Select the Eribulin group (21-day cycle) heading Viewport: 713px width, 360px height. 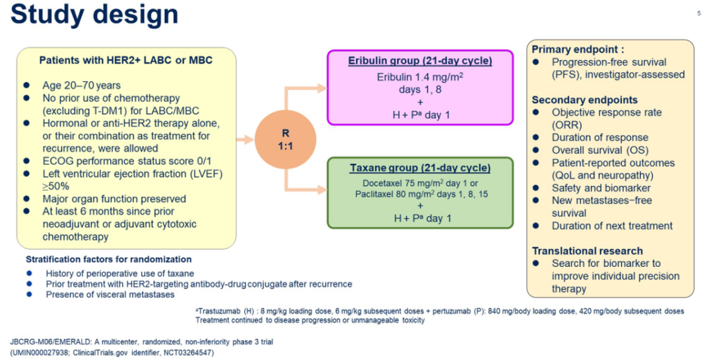pyautogui.click(x=421, y=61)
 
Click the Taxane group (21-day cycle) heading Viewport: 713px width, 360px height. pyautogui.click(x=420, y=168)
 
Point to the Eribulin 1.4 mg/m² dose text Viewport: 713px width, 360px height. pyautogui.click(x=420, y=77)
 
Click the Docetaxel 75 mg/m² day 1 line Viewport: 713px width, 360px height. pyautogui.click(x=420, y=182)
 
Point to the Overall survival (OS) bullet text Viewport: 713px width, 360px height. pyautogui.click(x=599, y=150)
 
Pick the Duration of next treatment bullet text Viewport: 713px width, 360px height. pyautogui.click(x=612, y=226)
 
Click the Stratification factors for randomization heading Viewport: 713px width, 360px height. pyautogui.click(x=108, y=260)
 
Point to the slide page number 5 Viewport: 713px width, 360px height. pyautogui.click(x=699, y=13)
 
